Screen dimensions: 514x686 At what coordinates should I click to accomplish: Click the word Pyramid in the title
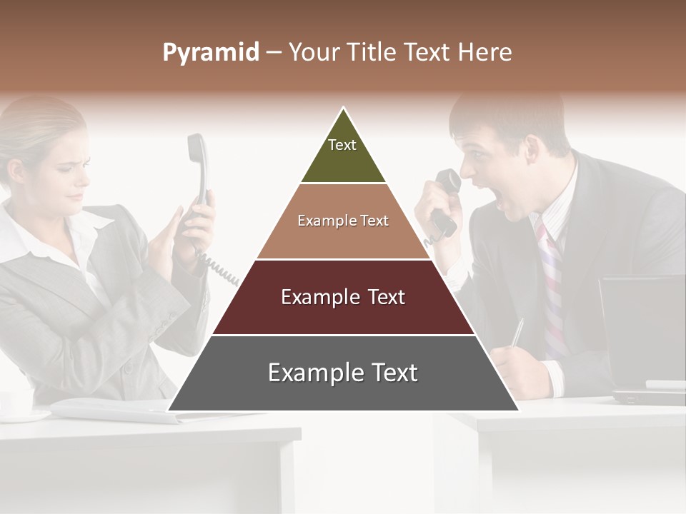click(210, 53)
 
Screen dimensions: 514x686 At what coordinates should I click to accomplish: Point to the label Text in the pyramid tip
click(342, 145)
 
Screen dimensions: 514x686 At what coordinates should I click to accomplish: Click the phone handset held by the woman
click(197, 171)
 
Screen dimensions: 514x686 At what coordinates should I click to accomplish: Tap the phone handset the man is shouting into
click(446, 200)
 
